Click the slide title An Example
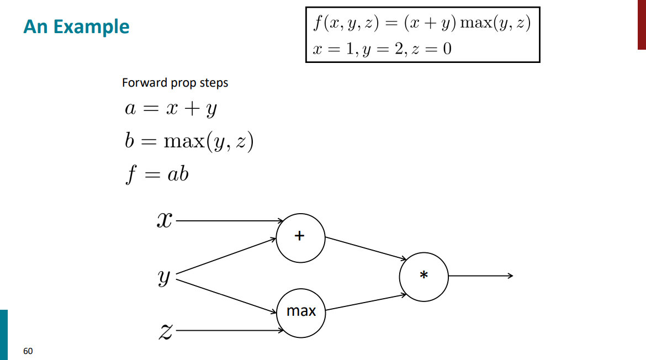pyautogui.click(x=76, y=27)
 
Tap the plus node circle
pyautogui.click(x=300, y=237)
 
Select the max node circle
pyautogui.click(x=301, y=312)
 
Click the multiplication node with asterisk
pyautogui.click(x=423, y=276)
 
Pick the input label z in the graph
pyautogui.click(x=165, y=331)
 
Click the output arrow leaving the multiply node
pyautogui.click(x=480, y=276)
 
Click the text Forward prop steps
pyautogui.click(x=175, y=83)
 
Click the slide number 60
pyautogui.click(x=28, y=351)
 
